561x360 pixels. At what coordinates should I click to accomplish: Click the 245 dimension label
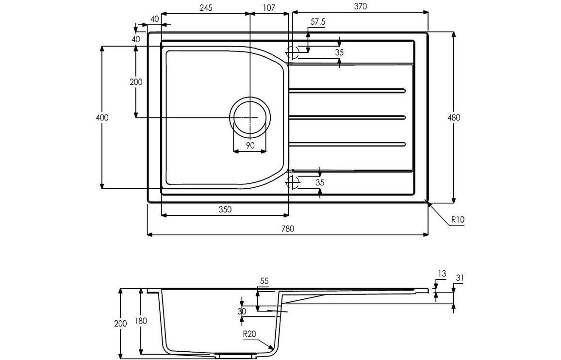point(205,7)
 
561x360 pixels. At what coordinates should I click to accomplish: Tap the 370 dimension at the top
point(360,6)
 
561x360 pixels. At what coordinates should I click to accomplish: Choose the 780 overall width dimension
point(288,229)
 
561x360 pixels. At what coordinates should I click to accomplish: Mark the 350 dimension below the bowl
point(225,210)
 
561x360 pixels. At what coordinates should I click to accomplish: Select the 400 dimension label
point(102,117)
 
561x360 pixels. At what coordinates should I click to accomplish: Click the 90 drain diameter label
point(250,146)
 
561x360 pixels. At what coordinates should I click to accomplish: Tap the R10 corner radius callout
point(458,219)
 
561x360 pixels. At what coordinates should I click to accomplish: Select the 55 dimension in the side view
point(264,281)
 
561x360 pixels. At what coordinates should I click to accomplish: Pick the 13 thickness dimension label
point(441,274)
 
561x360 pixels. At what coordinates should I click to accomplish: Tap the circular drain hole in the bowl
point(250,117)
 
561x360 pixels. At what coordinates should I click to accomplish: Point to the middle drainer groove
point(346,117)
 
